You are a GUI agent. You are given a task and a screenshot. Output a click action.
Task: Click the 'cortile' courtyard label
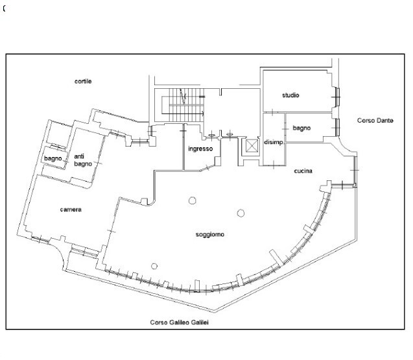point(83,81)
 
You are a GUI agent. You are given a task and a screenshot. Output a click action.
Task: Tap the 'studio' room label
point(290,95)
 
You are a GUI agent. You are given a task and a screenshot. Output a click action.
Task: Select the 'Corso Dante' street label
point(375,121)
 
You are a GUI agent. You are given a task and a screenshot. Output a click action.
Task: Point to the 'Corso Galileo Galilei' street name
point(179,322)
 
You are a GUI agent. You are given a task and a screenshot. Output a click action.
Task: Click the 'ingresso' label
point(200,149)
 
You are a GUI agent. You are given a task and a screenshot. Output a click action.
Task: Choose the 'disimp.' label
point(274,142)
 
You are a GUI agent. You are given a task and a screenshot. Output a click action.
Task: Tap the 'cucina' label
point(303,171)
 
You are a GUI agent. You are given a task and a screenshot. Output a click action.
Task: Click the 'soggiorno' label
point(210,235)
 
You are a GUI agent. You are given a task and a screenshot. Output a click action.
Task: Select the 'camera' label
point(71,210)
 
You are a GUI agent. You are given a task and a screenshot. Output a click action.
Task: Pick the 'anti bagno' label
point(83,160)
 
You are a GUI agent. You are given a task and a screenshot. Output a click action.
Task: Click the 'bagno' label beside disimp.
point(301,128)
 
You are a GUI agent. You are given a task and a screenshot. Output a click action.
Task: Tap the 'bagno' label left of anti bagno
point(53,159)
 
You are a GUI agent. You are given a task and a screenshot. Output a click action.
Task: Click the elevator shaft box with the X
point(252,146)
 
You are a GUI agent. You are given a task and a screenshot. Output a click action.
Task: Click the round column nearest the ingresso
point(193,200)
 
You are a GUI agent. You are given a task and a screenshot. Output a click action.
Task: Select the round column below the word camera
point(154,266)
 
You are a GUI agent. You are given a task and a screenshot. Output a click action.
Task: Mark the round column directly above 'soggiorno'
point(241,213)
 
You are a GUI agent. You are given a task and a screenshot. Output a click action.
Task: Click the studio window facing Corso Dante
point(337,97)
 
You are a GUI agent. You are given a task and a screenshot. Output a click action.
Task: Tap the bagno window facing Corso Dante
point(337,128)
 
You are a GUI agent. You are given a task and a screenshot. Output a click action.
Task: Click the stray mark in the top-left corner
point(4,8)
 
